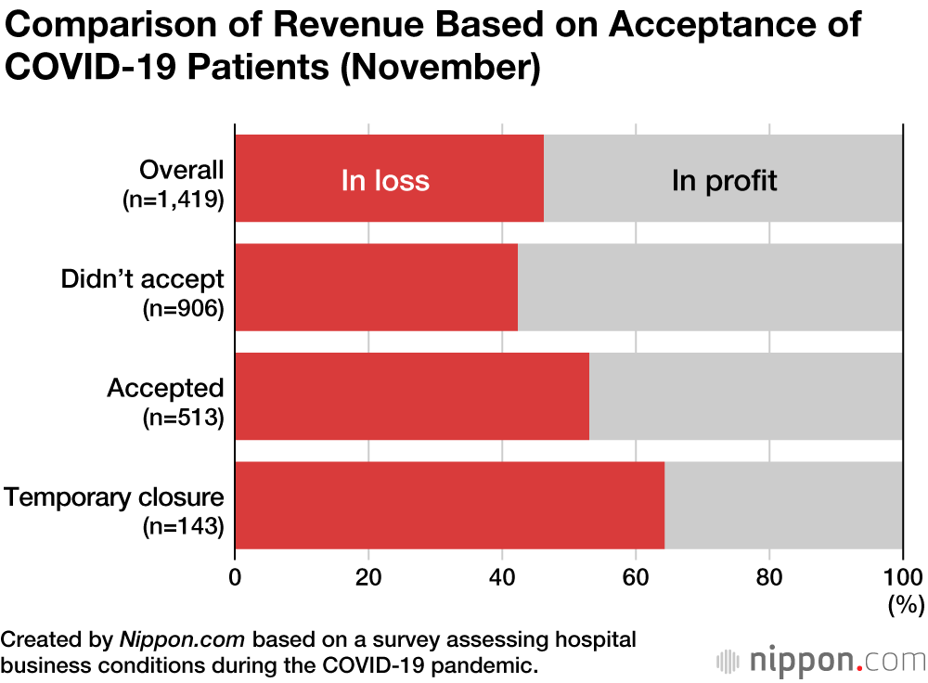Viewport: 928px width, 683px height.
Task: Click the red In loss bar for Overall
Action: [389, 178]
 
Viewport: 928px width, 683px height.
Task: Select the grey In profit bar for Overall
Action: [723, 178]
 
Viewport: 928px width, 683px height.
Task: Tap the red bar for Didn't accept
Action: [376, 287]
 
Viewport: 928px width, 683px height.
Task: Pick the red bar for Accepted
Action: [411, 396]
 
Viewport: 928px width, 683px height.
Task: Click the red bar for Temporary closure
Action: [449, 505]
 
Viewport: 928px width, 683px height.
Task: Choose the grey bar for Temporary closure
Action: [783, 505]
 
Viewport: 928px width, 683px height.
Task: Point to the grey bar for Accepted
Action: [745, 396]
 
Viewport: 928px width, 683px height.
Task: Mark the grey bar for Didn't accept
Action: [710, 287]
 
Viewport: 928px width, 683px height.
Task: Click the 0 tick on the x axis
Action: [235, 575]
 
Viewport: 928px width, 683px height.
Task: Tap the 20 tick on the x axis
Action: [368, 575]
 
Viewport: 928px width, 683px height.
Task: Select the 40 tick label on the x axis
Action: [502, 575]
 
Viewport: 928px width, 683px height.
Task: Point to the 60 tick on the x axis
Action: [636, 575]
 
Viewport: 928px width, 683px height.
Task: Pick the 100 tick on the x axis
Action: [900, 575]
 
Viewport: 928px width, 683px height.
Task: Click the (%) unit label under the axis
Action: [904, 605]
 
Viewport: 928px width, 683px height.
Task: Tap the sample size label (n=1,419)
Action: [174, 200]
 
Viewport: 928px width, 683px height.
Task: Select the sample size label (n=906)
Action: [183, 309]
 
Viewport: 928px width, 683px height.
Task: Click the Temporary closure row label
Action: [114, 497]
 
